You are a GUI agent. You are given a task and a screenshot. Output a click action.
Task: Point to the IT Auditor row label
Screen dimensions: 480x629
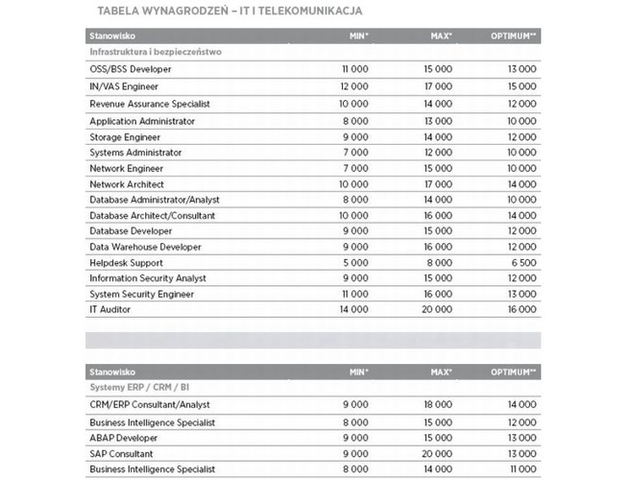coord(110,309)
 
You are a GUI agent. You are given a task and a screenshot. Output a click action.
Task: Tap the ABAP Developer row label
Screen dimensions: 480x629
coord(124,437)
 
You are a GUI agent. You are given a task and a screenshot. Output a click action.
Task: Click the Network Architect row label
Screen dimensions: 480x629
coord(127,183)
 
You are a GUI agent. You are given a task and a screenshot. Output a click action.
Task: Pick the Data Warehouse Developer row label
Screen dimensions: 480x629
coord(145,247)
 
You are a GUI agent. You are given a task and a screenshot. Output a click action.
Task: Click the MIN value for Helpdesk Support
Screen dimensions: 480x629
coord(354,262)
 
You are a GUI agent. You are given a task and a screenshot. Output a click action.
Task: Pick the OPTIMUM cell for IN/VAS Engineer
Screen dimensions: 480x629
coord(520,86)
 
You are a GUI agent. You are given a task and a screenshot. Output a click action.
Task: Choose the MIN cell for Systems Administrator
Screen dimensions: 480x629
coord(354,153)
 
